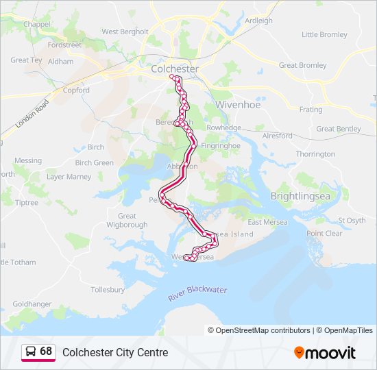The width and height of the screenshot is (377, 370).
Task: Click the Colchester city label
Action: click(174, 69)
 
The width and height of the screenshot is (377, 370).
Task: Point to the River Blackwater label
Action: click(197, 294)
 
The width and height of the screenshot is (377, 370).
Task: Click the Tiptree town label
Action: click(27, 203)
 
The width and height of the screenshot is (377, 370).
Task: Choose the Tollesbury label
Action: click(108, 290)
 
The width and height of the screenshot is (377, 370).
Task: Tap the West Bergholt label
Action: click(125, 32)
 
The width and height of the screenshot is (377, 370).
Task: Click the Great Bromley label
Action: click(302, 66)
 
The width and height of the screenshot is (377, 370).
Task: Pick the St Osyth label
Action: click(352, 221)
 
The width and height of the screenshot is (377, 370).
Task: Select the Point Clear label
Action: click(324, 234)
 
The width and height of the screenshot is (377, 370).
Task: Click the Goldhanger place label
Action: click(32, 304)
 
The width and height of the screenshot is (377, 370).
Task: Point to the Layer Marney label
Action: click(69, 177)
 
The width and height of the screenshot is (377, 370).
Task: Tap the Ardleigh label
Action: click(258, 21)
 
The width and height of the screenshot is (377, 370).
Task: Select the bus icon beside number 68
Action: click(31, 351)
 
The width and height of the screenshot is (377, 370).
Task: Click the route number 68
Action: click(46, 351)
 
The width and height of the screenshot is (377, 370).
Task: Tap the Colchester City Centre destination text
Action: click(115, 352)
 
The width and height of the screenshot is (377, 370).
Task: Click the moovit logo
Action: click(325, 352)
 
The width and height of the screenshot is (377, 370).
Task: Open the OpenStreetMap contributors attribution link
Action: click(263, 330)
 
